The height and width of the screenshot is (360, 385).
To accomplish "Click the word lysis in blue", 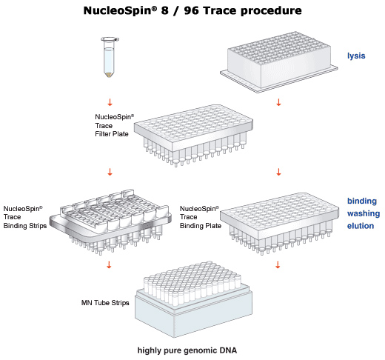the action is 356,56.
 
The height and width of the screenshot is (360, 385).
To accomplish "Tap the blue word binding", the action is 362,201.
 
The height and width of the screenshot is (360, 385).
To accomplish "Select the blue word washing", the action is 364,213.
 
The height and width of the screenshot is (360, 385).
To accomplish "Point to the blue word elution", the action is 361,226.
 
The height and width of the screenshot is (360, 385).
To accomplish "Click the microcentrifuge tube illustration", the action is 110,57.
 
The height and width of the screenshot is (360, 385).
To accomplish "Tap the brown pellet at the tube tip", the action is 109,75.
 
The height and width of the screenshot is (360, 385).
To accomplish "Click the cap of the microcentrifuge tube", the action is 110,39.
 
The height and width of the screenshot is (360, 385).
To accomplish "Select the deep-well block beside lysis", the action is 279,62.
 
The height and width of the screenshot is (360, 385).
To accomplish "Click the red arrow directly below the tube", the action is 110,102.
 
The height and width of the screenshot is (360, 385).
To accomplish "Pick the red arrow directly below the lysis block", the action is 278,102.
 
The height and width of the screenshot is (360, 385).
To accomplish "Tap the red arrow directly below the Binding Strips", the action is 109,264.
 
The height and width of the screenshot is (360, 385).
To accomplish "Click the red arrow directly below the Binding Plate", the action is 278,264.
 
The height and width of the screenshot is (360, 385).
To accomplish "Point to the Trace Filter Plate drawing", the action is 193,136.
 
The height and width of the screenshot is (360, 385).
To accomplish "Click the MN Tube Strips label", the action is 105,303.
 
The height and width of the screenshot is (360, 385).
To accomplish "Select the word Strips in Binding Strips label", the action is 36,226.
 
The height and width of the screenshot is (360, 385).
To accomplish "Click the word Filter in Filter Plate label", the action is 102,134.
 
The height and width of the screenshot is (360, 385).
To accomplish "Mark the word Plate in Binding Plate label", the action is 213,226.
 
